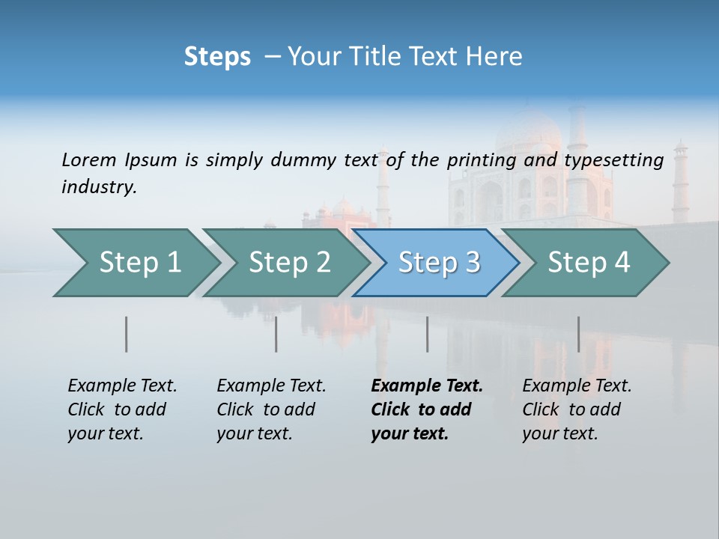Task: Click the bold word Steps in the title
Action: (x=217, y=57)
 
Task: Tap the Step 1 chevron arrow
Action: (x=135, y=262)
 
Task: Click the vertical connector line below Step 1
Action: (x=126, y=334)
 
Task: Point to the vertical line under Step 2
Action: (x=276, y=334)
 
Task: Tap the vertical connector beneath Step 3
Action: (x=427, y=334)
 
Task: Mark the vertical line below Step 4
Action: (x=578, y=334)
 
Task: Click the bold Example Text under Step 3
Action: (x=426, y=409)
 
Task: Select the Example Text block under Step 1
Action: (x=122, y=409)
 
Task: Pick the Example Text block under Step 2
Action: (x=271, y=409)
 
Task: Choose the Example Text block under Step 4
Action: (x=577, y=409)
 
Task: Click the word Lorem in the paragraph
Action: (x=89, y=159)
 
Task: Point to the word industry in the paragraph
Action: (x=99, y=187)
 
